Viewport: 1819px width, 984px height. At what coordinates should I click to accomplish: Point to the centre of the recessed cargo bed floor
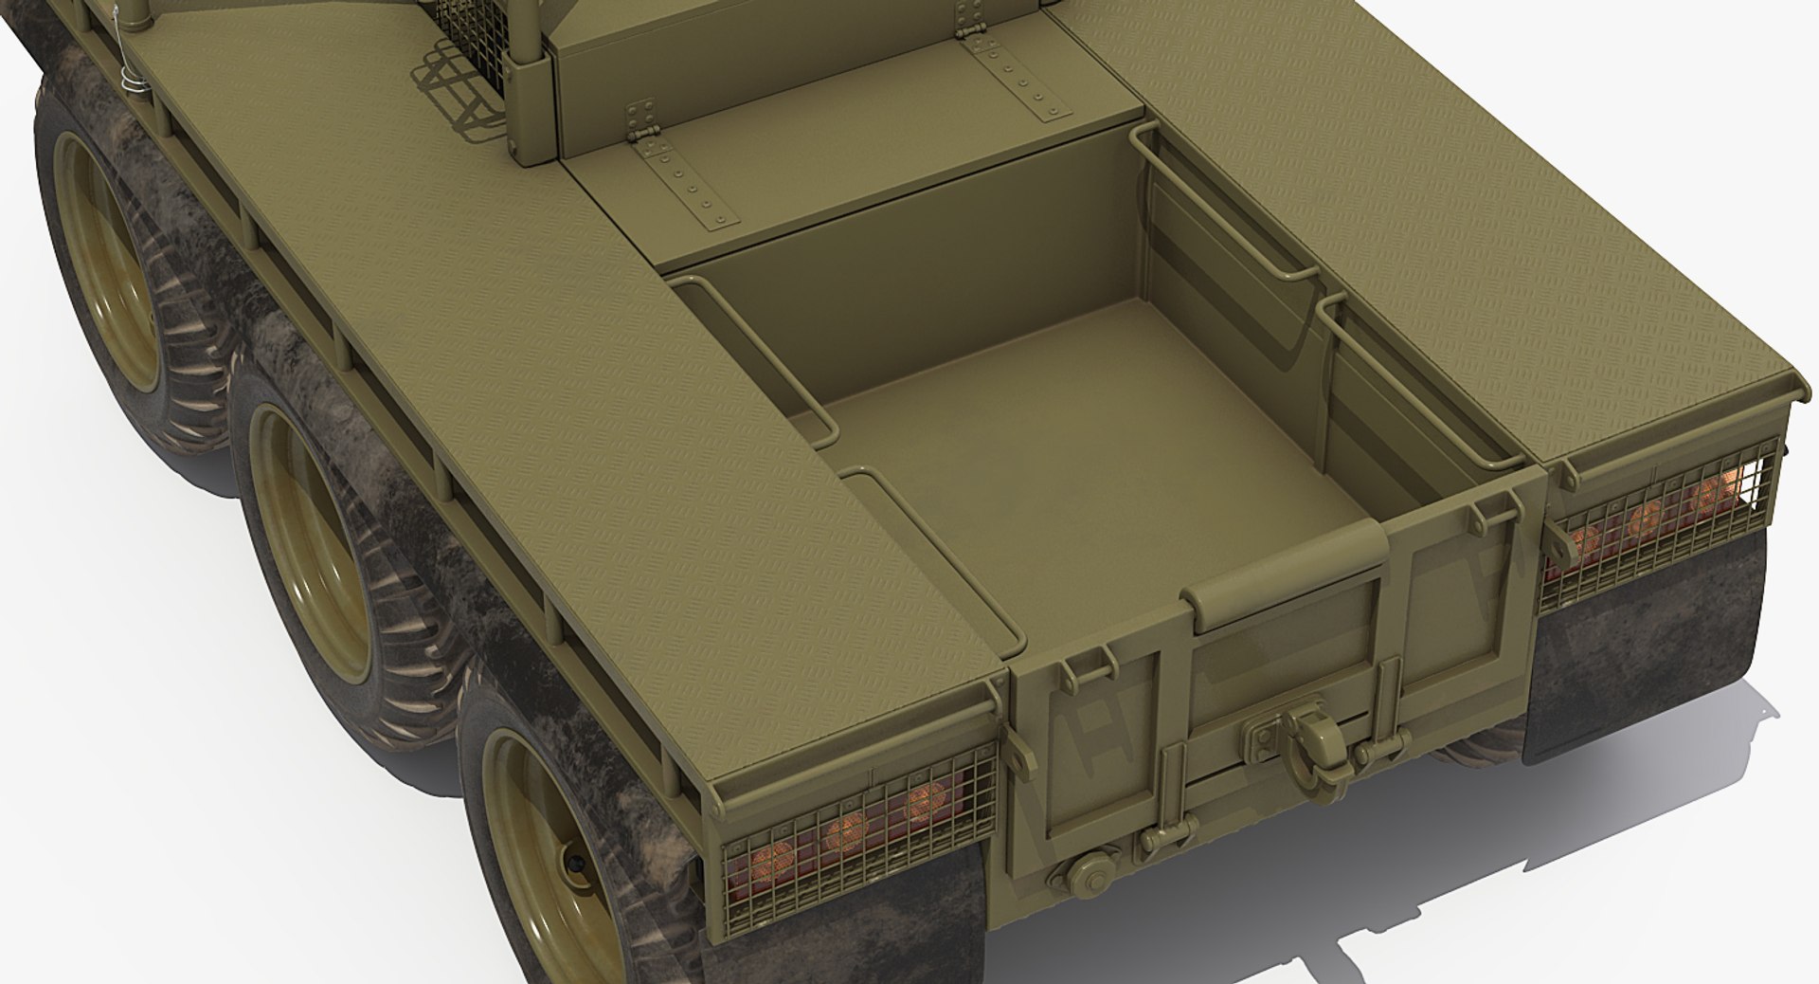[1061, 455]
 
